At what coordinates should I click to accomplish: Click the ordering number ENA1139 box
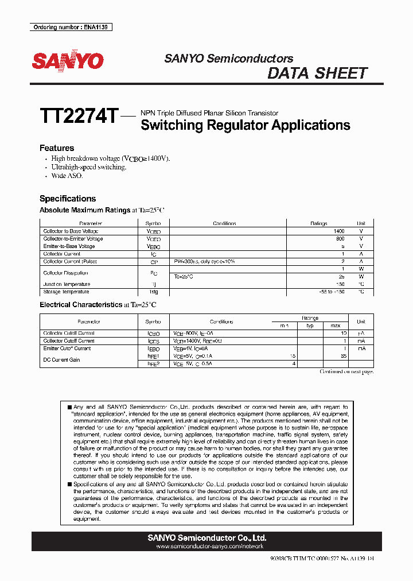coord(71,28)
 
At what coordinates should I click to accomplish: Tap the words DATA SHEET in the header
coord(317,73)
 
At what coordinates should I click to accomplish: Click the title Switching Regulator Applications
coord(245,125)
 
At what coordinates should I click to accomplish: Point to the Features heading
coord(57,148)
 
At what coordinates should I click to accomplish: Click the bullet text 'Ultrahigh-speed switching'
coord(88,167)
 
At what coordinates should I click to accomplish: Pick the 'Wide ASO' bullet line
coord(67,176)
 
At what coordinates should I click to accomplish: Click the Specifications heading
coord(68,199)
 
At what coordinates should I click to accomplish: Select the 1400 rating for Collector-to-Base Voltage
coord(338,231)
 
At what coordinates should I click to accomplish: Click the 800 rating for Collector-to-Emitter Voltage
coord(340,239)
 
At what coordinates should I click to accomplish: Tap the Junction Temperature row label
coord(67,284)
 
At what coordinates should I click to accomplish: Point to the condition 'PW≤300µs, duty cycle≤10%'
coord(204,261)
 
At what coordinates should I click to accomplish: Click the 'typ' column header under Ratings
coord(310,326)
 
